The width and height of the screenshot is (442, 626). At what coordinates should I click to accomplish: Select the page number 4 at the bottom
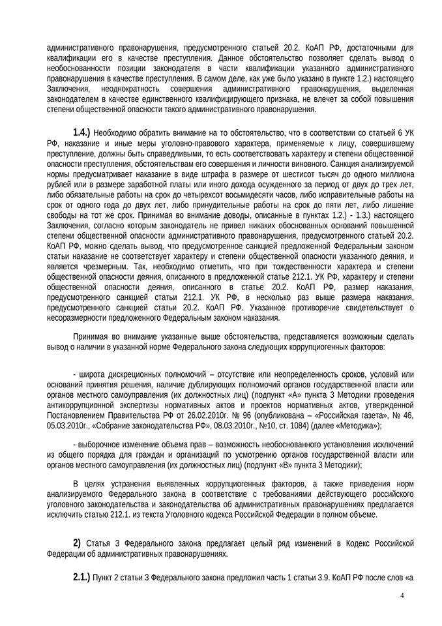point(402,595)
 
